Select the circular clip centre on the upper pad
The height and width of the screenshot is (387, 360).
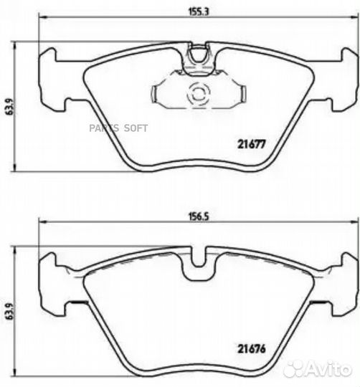196,93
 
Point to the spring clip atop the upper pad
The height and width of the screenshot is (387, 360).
195,58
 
